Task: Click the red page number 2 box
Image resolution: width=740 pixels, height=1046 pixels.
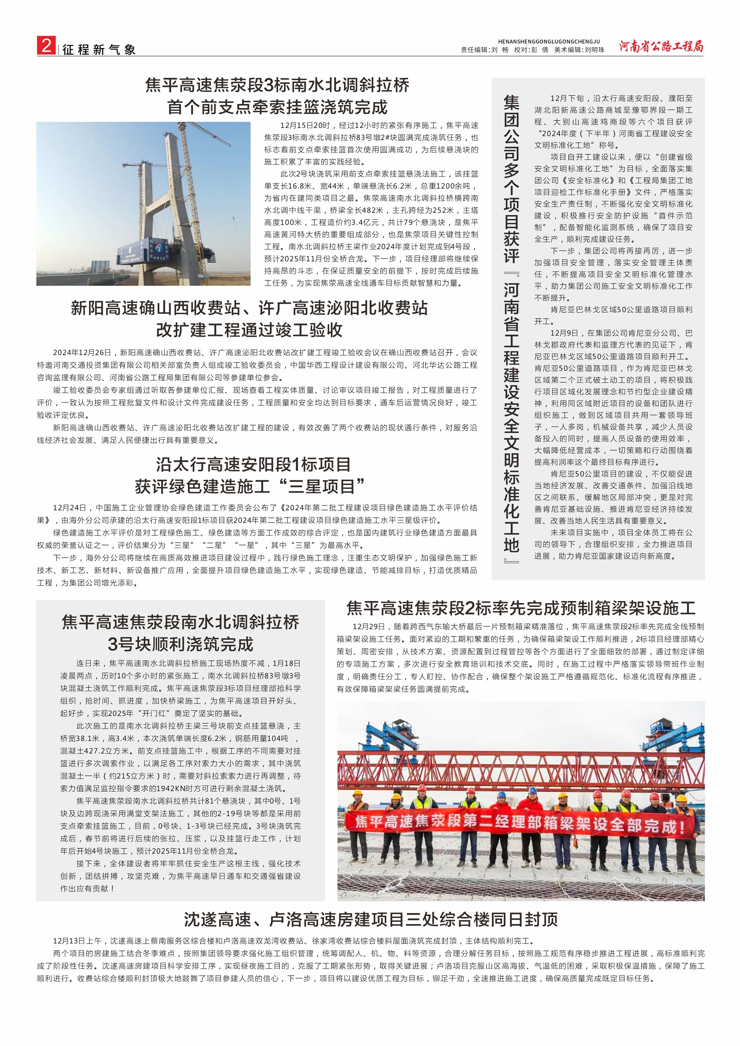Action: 46,46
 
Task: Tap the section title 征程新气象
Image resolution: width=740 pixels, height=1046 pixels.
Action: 99,50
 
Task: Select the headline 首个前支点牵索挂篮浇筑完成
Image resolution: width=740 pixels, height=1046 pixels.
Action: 277,107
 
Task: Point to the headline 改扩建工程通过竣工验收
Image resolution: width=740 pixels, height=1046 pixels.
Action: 249,330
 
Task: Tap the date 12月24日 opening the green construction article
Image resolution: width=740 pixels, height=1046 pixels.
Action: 69,508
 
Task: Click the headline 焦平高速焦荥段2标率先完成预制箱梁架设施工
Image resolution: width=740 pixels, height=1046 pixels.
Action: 521,608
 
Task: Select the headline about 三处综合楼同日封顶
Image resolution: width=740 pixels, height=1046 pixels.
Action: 370,919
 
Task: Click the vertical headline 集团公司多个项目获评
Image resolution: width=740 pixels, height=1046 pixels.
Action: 511,180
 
